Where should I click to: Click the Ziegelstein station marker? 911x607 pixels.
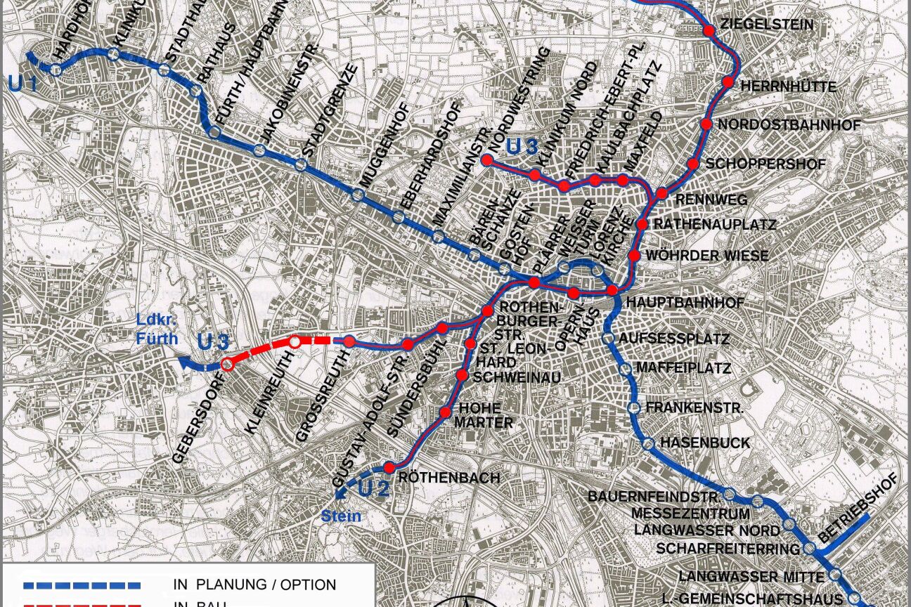click(709, 30)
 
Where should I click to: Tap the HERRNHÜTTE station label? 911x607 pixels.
click(789, 87)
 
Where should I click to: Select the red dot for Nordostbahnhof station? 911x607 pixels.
click(707, 124)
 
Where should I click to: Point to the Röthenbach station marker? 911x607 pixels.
click(389, 467)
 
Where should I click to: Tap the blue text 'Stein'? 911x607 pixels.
click(341, 517)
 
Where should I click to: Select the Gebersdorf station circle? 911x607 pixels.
click(227, 365)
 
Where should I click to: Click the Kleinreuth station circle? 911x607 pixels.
click(295, 342)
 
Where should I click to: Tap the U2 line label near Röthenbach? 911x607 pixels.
click(373, 488)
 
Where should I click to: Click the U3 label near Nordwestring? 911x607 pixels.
click(522, 147)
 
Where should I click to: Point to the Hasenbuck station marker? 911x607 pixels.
click(648, 443)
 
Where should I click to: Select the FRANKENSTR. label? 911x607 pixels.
click(685, 407)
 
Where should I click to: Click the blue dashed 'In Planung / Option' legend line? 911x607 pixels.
click(82, 585)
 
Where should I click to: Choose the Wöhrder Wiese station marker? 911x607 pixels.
click(634, 256)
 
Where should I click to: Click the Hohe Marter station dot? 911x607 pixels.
click(445, 412)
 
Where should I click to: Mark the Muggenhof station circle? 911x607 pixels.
click(358, 195)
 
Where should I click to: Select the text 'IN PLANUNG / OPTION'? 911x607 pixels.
click(254, 585)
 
